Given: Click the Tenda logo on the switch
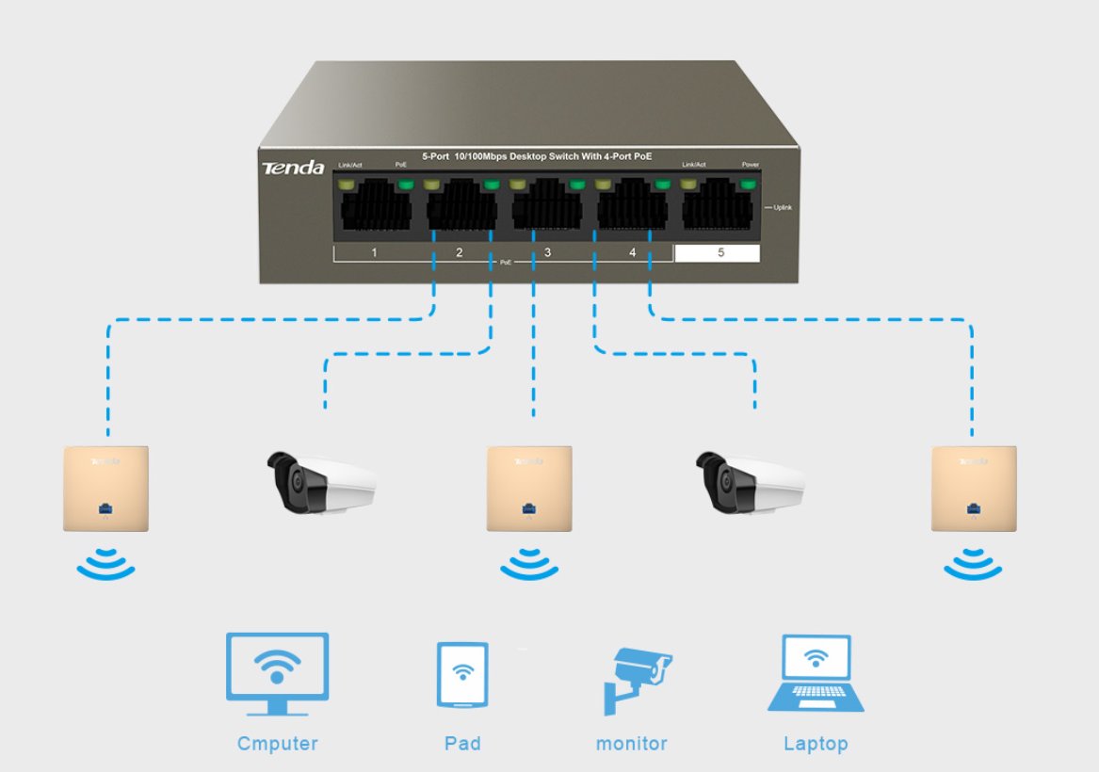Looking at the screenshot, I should [293, 168].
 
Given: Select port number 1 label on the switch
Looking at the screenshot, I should [374, 252].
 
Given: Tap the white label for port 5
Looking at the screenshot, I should [718, 252].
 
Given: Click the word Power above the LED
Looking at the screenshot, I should [750, 165].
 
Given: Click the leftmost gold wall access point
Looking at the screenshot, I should [106, 489].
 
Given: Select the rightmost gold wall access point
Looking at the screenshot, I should [974, 489].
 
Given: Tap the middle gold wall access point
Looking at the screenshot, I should [529, 489].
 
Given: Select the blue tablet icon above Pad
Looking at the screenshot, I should [462, 675].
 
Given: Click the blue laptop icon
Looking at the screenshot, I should [816, 673].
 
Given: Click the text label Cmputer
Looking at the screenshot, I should [278, 744].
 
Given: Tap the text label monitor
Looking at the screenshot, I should [632, 744].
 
